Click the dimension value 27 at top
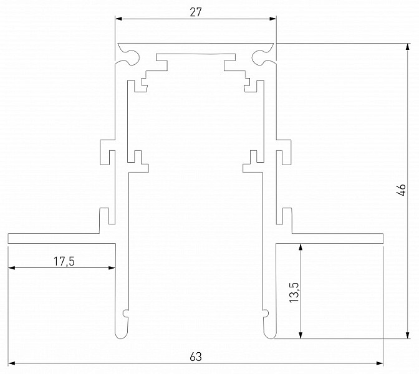(196, 12)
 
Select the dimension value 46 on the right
(402, 190)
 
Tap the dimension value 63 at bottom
(196, 357)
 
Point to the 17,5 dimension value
(64, 261)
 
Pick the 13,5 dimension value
(294, 292)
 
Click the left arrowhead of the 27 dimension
(118, 19)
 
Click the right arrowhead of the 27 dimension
(272, 19)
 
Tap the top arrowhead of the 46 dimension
(407, 47)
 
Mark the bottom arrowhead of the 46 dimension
(407, 335)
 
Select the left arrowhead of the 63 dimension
(11, 363)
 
